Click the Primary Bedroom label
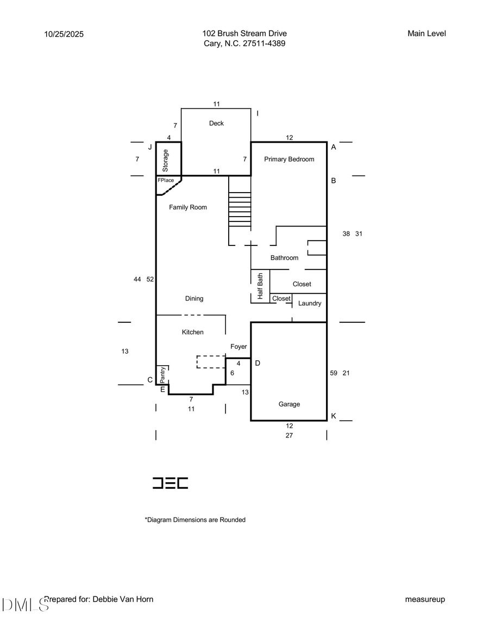click(x=289, y=159)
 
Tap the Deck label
click(x=216, y=124)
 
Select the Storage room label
click(x=166, y=161)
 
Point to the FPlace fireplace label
click(x=166, y=180)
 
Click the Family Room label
click(x=188, y=207)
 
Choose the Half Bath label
click(x=260, y=286)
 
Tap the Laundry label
click(x=310, y=304)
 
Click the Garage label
click(x=289, y=404)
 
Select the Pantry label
click(x=162, y=375)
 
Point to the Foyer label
click(x=239, y=347)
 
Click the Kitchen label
click(x=192, y=333)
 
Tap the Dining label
click(x=194, y=299)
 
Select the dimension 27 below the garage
click(x=289, y=435)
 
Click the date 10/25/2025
click(x=65, y=34)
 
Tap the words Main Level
click(x=427, y=34)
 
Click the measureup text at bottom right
click(x=425, y=600)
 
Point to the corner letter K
click(x=334, y=416)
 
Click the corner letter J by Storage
click(x=150, y=147)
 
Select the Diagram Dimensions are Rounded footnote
click(x=195, y=520)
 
